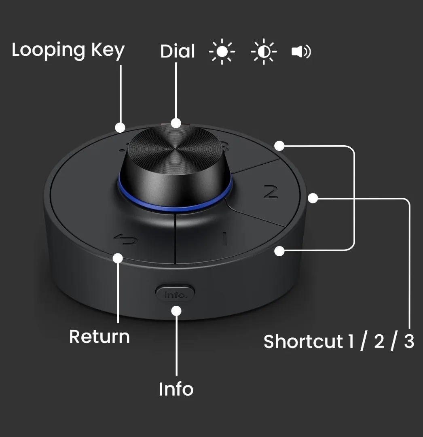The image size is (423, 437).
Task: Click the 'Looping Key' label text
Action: pos(68,51)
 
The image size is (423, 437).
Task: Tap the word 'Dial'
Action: pos(178,51)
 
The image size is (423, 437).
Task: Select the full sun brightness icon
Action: pos(222,51)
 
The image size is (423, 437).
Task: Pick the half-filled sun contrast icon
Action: pos(263,51)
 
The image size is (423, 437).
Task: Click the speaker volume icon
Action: pos(301,51)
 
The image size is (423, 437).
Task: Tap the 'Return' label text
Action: pos(99,337)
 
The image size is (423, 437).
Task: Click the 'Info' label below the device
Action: pos(176,389)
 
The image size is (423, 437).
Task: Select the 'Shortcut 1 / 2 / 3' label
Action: pos(339,342)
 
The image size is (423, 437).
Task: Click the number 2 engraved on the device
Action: pos(271,192)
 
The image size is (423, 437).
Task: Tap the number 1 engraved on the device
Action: pos(225,239)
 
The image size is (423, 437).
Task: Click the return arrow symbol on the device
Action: pos(126,240)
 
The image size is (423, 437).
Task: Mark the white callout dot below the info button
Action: pos(176,311)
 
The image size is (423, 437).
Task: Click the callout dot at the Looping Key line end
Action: pos(120,127)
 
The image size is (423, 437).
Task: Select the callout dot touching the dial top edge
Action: pos(176,123)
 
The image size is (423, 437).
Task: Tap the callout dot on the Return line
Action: pos(118,258)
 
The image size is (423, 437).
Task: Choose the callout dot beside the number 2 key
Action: pos(313,198)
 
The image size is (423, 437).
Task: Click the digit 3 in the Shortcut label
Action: pos(409,342)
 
